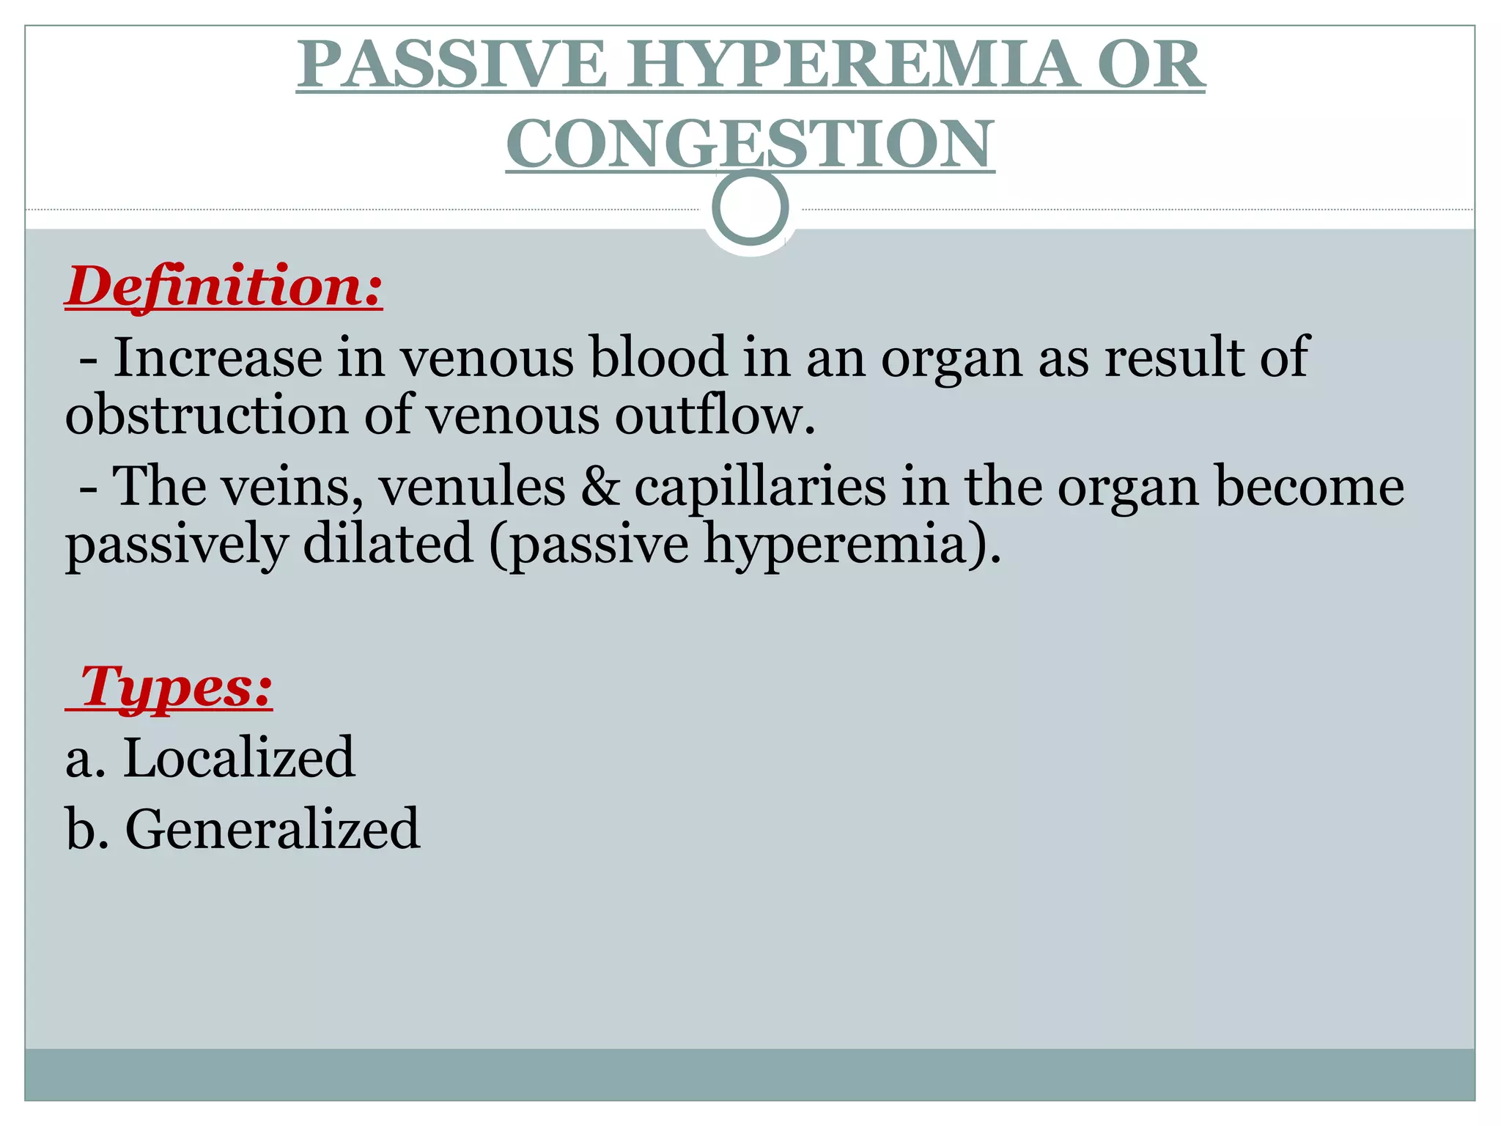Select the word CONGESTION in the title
click(x=750, y=143)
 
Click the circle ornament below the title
click(x=750, y=207)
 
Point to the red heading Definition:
click(x=224, y=286)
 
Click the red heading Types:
click(x=176, y=687)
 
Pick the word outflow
click(x=715, y=415)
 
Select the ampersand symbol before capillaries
click(x=600, y=487)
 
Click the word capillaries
click(x=759, y=487)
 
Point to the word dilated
click(x=388, y=544)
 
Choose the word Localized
click(x=239, y=757)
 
